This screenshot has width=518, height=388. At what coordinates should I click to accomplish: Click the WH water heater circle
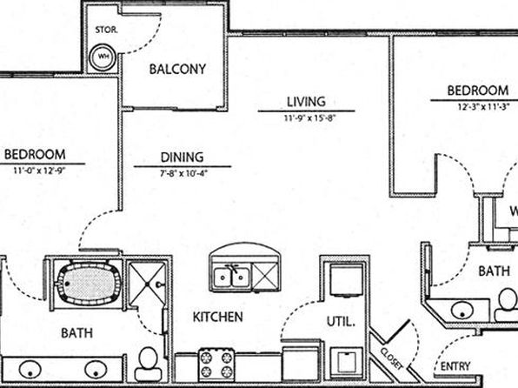pyautogui.click(x=103, y=57)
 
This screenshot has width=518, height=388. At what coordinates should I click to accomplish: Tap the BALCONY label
pyautogui.click(x=177, y=69)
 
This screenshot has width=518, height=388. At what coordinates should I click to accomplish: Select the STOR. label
pyautogui.click(x=106, y=30)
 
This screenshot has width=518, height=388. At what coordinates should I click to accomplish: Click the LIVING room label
pyautogui.click(x=306, y=102)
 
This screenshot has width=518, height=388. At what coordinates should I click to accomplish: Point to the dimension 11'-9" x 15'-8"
pyautogui.click(x=310, y=118)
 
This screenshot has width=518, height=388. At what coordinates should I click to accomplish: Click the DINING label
pyautogui.click(x=182, y=157)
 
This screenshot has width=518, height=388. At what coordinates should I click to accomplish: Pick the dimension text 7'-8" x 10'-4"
pyautogui.click(x=183, y=173)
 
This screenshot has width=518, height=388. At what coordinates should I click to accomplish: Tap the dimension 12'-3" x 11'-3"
pyautogui.click(x=483, y=107)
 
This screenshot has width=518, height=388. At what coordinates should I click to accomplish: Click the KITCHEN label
pyautogui.click(x=217, y=317)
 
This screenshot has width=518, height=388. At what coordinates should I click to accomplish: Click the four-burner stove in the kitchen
pyautogui.click(x=216, y=365)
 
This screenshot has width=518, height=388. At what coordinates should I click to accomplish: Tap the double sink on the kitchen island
pyautogui.click(x=231, y=278)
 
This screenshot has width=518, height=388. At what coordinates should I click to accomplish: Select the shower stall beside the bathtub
pyautogui.click(x=147, y=284)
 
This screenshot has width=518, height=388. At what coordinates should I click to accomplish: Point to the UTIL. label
pyautogui.click(x=341, y=322)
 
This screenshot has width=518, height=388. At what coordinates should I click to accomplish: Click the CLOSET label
pyautogui.click(x=392, y=359)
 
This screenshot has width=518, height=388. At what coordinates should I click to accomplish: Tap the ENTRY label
pyautogui.click(x=455, y=366)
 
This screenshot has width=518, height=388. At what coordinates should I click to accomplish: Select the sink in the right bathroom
pyautogui.click(x=462, y=311)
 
